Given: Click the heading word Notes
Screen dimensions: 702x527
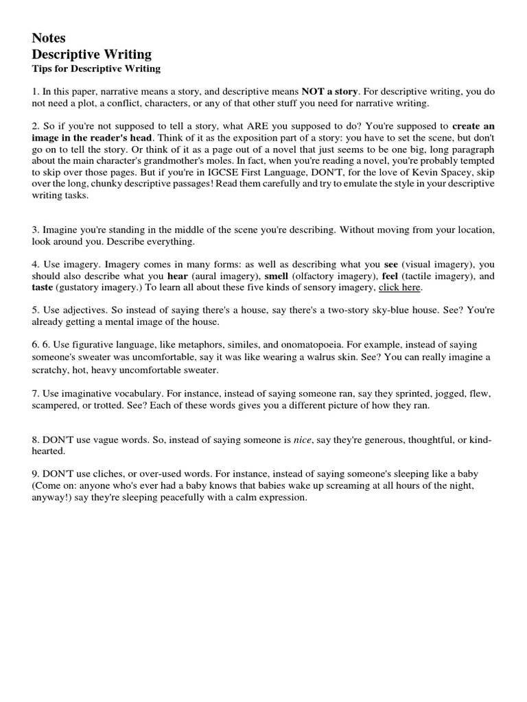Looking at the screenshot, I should click(49, 38).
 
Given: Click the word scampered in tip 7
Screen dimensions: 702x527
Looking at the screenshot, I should click(60, 405).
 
